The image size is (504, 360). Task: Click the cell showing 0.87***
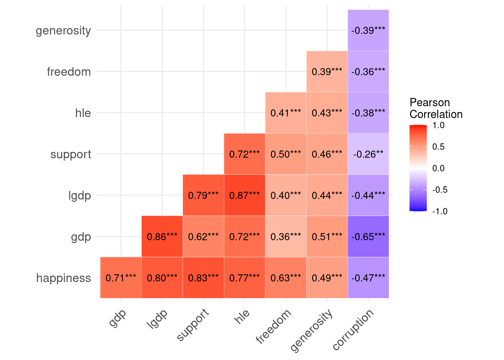(244, 195)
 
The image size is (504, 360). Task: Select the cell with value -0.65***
(368, 237)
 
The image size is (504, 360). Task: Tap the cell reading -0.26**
(368, 154)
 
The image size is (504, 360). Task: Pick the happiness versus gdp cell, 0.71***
(121, 278)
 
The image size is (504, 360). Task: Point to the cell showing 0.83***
(203, 278)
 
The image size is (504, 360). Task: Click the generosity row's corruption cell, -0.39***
(368, 30)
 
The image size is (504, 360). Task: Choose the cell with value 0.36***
(286, 237)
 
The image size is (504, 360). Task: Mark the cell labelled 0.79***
(203, 195)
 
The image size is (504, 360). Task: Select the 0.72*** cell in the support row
(244, 154)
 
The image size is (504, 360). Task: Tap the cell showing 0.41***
(286, 113)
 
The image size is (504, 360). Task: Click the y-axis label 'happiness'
(64, 278)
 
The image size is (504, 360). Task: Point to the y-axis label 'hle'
(83, 113)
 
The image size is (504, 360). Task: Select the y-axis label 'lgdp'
(79, 195)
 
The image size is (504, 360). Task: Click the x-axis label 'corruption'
(354, 330)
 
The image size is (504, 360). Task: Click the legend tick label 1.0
(438, 125)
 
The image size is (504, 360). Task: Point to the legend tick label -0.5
(439, 190)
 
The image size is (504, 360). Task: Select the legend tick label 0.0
(438, 168)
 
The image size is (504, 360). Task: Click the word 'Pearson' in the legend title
(429, 102)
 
